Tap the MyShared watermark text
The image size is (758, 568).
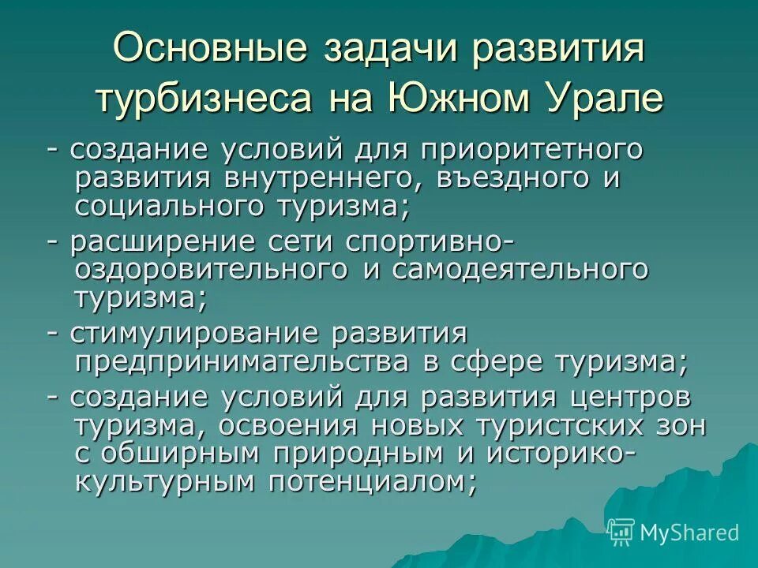pyautogui.click(x=689, y=532)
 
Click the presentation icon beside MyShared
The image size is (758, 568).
pyautogui.click(x=621, y=532)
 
